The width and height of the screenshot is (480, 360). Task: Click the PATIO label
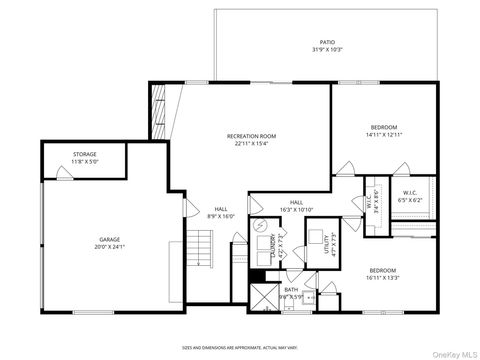327,42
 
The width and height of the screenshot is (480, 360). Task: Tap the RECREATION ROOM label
251,135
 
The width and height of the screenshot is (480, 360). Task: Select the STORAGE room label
84,154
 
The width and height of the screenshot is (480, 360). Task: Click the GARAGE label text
109,240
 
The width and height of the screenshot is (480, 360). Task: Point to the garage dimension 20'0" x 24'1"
109,247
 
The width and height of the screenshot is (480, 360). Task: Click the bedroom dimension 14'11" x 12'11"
384,135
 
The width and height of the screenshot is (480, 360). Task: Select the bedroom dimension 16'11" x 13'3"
384,278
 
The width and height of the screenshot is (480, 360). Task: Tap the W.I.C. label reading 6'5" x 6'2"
410,196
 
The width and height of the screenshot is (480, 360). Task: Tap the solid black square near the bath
256,275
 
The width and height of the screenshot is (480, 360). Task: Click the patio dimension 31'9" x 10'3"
327,49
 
